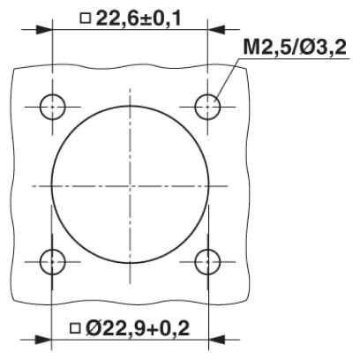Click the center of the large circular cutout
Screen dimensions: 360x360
(x=130, y=185)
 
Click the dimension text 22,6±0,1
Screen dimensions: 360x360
(x=139, y=19)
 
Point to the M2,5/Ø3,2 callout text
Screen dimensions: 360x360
(x=295, y=47)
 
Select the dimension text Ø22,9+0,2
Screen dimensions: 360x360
(x=138, y=328)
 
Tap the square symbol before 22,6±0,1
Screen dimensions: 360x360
(x=86, y=19)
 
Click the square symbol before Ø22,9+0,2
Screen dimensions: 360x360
(x=75, y=328)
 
